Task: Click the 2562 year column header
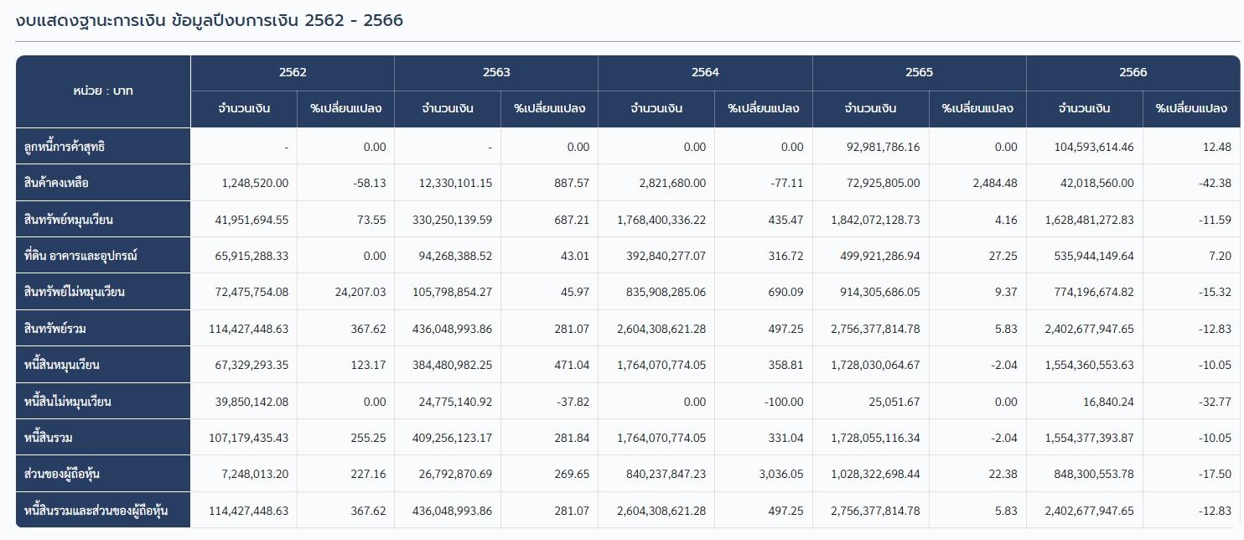(293, 72)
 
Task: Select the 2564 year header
(705, 72)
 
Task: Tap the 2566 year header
(1133, 72)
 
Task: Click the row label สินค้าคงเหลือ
(57, 183)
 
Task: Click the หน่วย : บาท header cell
(103, 91)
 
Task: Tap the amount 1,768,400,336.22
(661, 220)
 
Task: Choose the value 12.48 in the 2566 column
(1215, 147)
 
